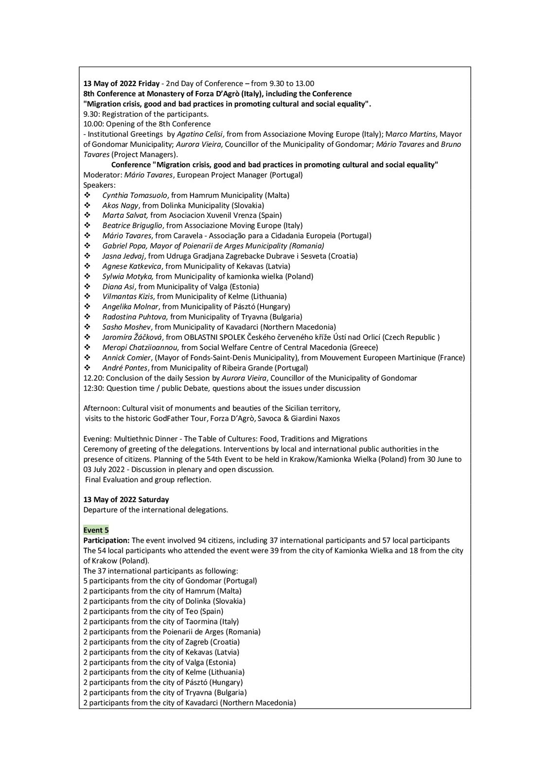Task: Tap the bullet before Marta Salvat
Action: click(x=88, y=215)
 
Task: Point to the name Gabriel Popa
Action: click(x=124, y=246)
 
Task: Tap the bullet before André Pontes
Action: click(x=88, y=368)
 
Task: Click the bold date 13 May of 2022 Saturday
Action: click(x=126, y=499)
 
